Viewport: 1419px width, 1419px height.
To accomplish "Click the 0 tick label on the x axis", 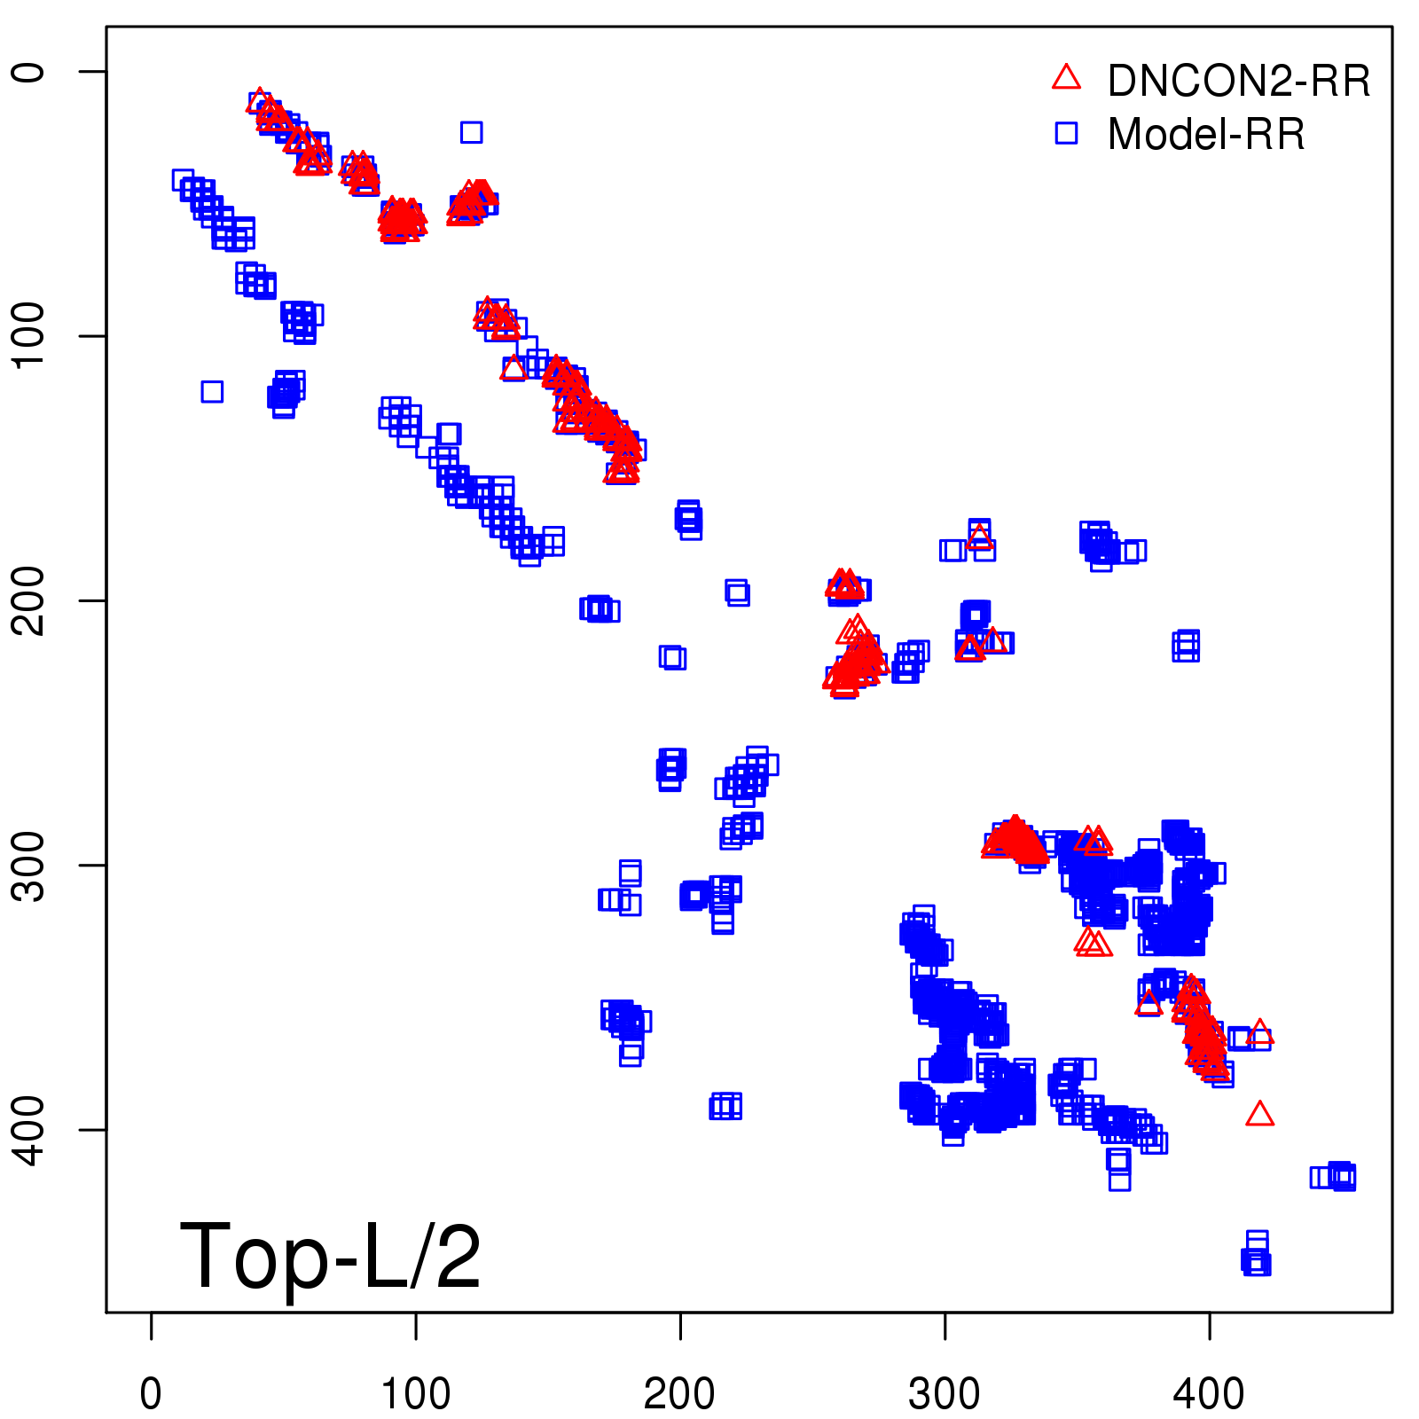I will click(x=151, y=1394).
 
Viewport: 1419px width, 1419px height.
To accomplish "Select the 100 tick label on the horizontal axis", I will click(x=415, y=1394).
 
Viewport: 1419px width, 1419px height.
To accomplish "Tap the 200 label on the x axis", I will click(x=679, y=1394).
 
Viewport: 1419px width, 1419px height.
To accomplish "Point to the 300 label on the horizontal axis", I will click(x=945, y=1394).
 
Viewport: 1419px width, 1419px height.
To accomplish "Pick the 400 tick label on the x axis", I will click(x=1209, y=1394).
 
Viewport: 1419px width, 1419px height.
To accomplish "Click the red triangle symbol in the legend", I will click(x=1066, y=78).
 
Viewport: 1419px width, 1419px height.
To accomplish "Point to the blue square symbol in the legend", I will click(x=1066, y=133).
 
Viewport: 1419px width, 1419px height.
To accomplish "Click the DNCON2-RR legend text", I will click(x=1239, y=82).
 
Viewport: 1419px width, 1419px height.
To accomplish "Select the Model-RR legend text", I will click(x=1206, y=135).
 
